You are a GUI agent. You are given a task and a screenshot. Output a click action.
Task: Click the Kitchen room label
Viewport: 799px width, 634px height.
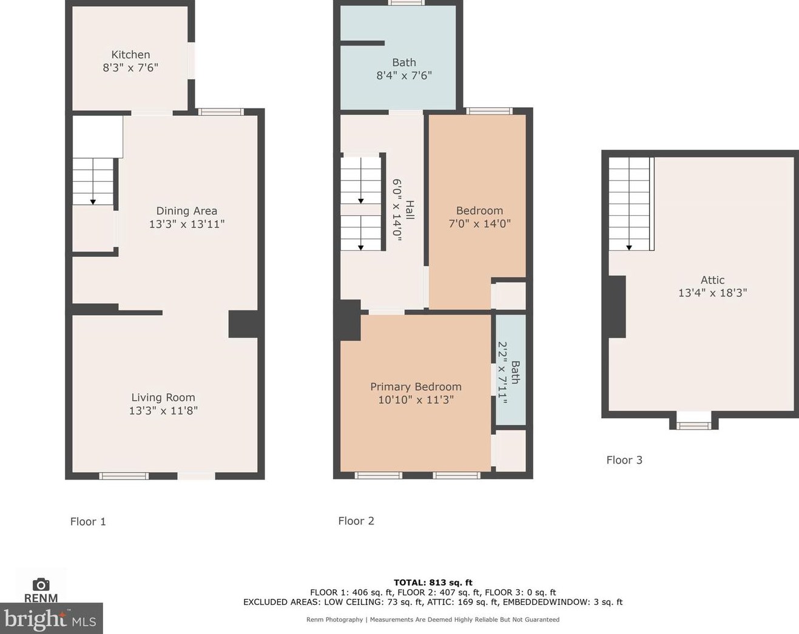pos(130,55)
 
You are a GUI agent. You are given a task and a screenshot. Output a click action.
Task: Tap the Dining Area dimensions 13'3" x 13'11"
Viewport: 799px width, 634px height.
pos(187,224)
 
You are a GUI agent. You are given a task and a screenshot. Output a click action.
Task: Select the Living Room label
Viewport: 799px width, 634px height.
pos(163,398)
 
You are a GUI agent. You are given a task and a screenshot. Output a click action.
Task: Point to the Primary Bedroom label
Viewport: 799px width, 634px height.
pos(416,387)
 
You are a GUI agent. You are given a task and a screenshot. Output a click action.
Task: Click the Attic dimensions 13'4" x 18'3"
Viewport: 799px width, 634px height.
pos(712,293)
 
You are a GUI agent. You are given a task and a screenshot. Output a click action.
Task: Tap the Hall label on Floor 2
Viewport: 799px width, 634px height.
pos(409,210)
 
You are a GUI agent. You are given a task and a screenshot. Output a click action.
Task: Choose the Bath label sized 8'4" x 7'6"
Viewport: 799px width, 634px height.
pos(404,62)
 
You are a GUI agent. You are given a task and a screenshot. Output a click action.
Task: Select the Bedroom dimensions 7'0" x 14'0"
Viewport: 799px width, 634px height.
pos(480,224)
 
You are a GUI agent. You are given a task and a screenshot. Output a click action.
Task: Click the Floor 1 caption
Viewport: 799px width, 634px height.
pos(88,522)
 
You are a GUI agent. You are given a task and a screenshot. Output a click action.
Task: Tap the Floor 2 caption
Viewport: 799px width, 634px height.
pos(356,521)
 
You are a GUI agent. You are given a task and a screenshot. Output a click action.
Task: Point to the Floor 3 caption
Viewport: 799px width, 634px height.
pos(624,460)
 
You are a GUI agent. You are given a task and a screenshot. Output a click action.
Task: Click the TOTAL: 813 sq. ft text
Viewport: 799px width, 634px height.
pos(433,582)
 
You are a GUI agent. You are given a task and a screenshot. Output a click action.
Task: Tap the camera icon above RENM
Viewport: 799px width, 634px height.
pos(41,585)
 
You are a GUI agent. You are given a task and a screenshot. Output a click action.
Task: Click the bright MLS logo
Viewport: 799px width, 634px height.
pos(51,618)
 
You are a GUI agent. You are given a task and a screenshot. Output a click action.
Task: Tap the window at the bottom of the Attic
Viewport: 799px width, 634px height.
pos(693,425)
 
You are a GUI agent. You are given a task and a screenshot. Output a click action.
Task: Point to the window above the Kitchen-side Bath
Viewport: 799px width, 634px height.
pos(406,2)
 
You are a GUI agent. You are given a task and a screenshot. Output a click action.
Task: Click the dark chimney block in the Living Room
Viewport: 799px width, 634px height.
pos(243,324)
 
